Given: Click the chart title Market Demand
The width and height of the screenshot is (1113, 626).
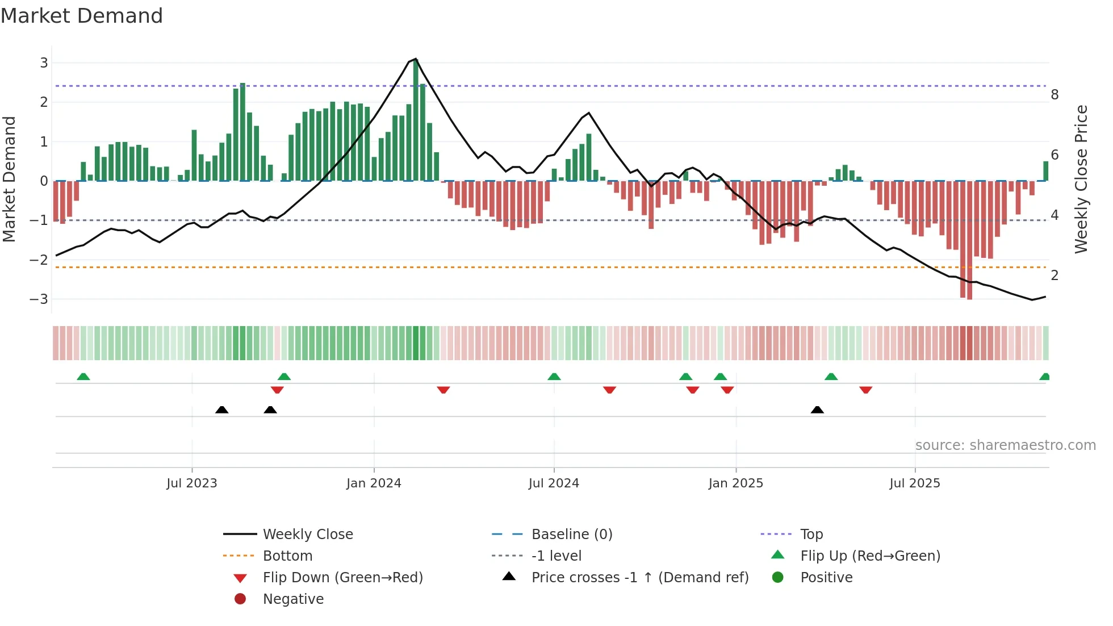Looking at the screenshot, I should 82,16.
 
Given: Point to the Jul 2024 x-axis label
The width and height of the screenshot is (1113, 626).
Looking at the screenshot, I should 554,483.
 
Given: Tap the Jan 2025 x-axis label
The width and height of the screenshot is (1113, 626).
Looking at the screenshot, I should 735,483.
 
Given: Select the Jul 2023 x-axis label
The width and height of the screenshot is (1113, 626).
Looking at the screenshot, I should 192,483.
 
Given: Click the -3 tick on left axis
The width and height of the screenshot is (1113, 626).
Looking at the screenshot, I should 39,299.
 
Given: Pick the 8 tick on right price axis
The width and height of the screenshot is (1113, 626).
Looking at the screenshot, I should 1055,95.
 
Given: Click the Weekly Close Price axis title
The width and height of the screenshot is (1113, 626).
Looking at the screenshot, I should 1081,179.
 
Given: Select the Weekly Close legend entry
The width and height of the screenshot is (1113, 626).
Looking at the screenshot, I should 307,535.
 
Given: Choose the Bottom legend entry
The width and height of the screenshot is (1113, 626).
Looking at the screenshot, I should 287,556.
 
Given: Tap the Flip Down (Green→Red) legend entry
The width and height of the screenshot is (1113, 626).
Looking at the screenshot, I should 342,578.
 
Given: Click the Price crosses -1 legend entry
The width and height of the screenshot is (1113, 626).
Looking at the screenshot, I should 639,578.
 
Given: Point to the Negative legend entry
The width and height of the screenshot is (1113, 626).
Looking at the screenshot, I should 293,599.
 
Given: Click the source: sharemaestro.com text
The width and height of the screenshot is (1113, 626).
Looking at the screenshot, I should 1005,445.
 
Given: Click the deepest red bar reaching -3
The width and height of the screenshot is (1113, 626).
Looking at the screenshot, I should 969,240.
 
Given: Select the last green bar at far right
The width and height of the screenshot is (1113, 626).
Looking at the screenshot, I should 1045,171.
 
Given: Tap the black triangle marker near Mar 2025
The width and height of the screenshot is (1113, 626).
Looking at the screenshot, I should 817,410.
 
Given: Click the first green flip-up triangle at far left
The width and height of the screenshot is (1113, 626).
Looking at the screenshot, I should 83,377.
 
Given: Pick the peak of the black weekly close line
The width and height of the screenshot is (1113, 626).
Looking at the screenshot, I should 416,59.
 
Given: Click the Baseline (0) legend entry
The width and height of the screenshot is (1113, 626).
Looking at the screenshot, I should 571,535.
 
